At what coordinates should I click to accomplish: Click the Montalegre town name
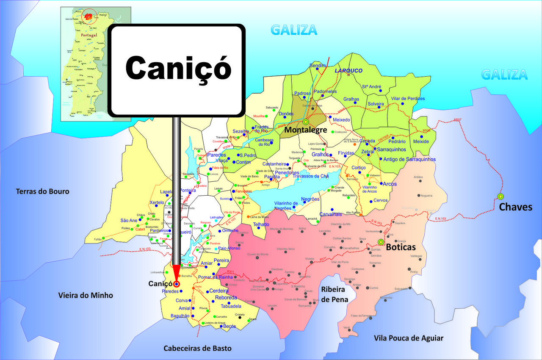(305, 130)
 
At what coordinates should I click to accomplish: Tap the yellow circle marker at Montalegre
(305, 122)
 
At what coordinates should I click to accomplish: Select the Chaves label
(515, 207)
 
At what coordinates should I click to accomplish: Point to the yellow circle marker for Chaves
(501, 197)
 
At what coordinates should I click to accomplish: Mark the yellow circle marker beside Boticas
(380, 242)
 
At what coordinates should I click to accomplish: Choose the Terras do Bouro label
(42, 191)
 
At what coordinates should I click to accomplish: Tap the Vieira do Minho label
(86, 295)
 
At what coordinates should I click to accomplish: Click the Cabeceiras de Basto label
(198, 348)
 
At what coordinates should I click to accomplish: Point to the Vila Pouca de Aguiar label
(409, 338)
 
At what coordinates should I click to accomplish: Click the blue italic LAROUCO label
(348, 70)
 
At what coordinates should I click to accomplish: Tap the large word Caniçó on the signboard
(178, 68)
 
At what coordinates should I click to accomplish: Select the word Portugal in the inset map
(87, 35)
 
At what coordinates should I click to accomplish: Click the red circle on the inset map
(89, 17)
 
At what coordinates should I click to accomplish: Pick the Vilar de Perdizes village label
(408, 99)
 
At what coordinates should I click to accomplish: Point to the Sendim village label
(318, 66)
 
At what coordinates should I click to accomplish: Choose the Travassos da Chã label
(310, 176)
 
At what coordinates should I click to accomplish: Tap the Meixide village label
(421, 141)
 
